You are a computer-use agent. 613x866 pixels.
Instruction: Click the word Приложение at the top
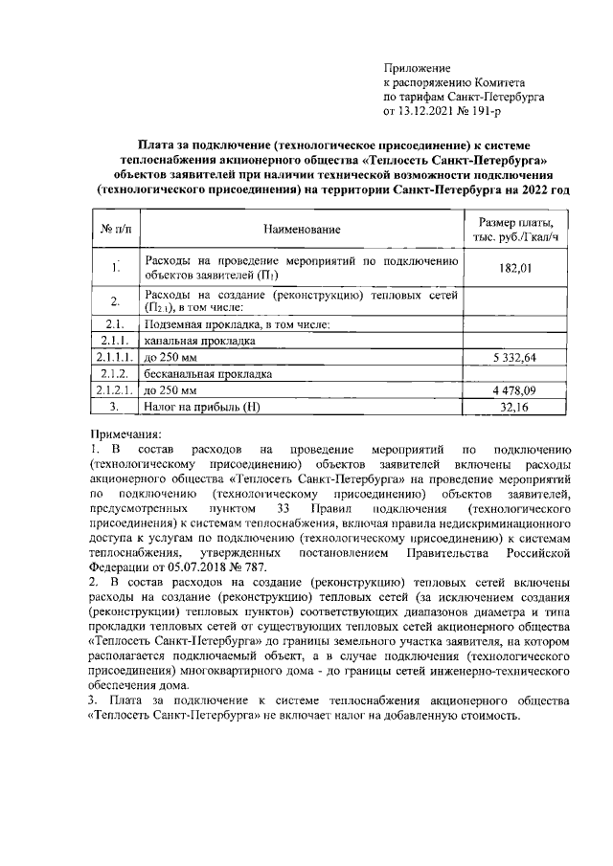[x=417, y=67]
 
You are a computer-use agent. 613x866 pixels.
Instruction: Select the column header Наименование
[x=302, y=230]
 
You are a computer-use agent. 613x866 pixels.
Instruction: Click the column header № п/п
[x=115, y=230]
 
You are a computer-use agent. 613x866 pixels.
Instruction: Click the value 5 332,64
[x=515, y=357]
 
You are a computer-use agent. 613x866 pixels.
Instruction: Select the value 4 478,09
[x=515, y=390]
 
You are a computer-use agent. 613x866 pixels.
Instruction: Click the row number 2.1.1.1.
[x=116, y=357]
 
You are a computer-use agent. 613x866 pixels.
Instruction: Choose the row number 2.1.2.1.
[x=116, y=390]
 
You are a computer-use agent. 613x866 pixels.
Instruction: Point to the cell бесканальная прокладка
[x=208, y=374]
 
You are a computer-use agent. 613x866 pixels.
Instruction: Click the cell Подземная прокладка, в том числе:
[x=236, y=323]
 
